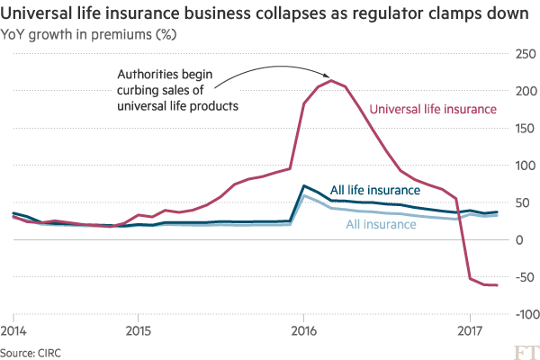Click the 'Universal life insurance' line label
433,110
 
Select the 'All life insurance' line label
374,191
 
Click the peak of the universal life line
333,81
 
